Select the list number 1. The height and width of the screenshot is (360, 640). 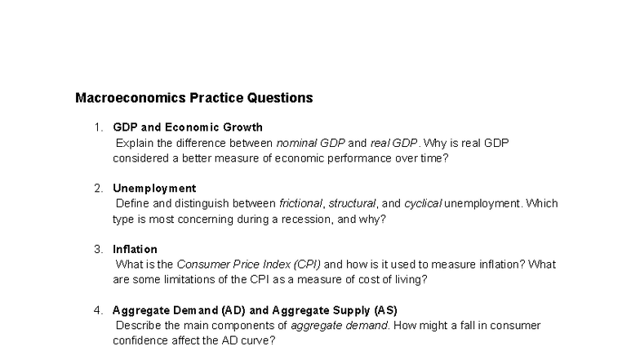tap(97, 127)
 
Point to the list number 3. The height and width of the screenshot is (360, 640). tap(97, 249)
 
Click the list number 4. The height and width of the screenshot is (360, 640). tap(97, 310)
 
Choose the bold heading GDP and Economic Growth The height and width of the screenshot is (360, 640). tap(188, 127)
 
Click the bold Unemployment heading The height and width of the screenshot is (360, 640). tap(154, 189)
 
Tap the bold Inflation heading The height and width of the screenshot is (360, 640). tap(135, 249)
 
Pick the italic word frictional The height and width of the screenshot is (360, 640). tap(301, 203)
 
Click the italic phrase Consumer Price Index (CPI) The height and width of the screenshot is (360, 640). tap(249, 264)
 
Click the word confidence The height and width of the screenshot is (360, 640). tap(139, 340)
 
